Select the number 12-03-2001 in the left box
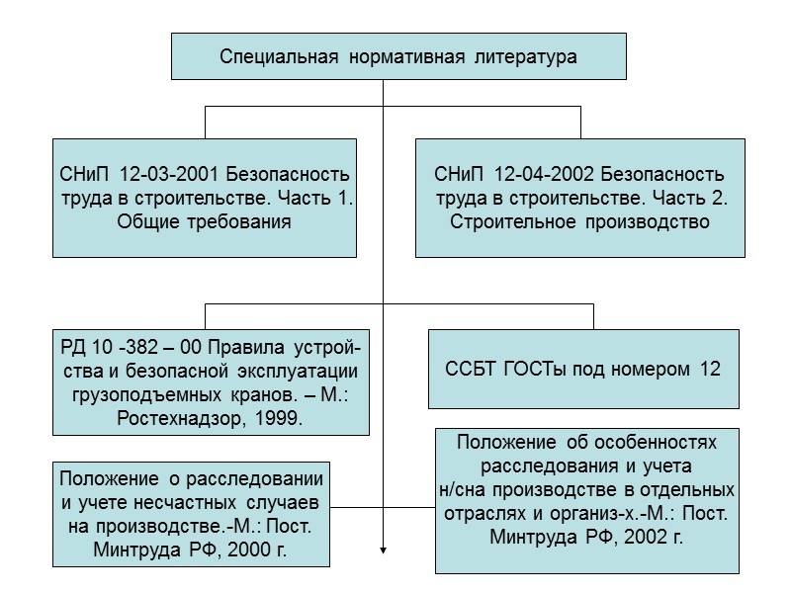[169, 174]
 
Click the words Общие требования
[205, 221]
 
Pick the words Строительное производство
[580, 221]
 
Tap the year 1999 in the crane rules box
[279, 418]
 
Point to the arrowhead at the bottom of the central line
[383, 551]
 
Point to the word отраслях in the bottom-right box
[479, 513]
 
